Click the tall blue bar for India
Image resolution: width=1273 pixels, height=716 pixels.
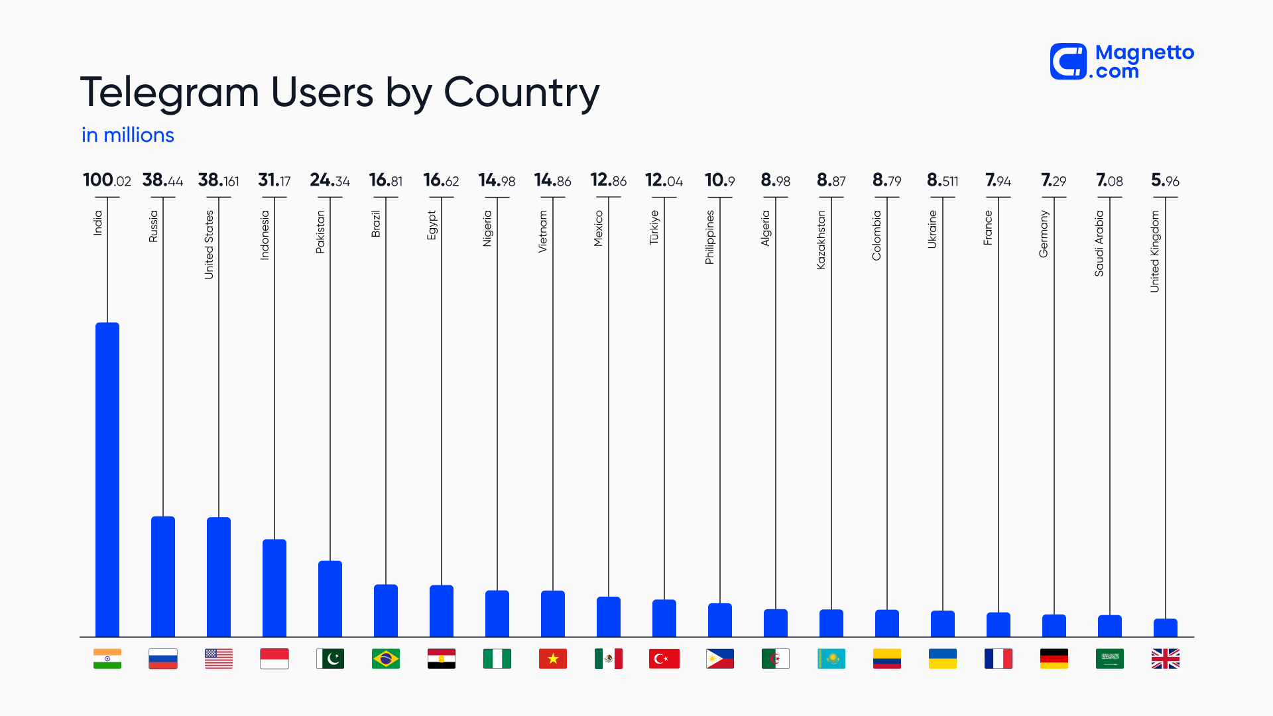107,480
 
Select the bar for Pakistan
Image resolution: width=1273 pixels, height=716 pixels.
330,599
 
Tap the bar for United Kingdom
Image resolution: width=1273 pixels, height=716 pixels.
1165,628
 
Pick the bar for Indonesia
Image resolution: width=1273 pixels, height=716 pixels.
274,588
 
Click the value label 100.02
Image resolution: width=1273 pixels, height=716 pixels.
107,180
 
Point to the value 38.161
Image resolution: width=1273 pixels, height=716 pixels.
219,180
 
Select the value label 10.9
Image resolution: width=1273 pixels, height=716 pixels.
719,180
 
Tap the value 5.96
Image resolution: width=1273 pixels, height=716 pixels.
1165,180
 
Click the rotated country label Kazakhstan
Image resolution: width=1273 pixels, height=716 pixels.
821,239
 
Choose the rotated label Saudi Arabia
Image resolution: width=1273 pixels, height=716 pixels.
1099,243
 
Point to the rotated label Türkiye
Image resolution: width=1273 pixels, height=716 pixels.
654,227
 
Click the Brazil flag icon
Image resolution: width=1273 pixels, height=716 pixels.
386,658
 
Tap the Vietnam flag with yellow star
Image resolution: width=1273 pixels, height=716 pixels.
553,658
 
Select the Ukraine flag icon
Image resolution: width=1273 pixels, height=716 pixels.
942,658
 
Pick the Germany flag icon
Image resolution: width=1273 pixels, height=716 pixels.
1054,658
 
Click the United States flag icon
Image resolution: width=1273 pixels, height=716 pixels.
219,658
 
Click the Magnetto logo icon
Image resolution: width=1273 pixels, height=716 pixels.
1068,62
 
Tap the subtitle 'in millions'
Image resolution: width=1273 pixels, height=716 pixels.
128,135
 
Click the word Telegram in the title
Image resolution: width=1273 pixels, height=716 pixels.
169,92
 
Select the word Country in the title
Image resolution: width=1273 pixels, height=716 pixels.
521,92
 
